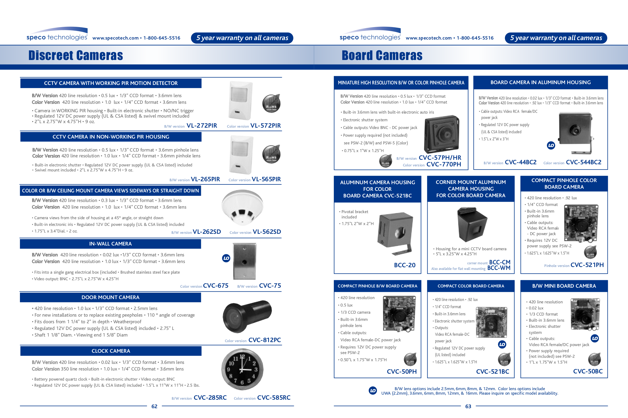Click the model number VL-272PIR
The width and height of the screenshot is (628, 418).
tap(202, 126)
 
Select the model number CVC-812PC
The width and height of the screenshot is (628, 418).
tap(264, 340)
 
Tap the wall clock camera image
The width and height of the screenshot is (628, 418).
tap(242, 369)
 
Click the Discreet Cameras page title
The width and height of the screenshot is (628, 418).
tap(75, 55)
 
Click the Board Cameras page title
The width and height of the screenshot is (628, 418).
tap(382, 55)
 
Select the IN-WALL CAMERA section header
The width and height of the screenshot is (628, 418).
tap(111, 244)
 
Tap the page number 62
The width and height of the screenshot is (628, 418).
tap(154, 406)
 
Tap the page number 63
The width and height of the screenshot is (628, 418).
tap(468, 406)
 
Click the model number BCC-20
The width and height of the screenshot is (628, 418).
tap(404, 265)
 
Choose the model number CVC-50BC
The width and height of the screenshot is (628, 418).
tap(588, 371)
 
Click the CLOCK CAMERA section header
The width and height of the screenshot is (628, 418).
tap(111, 351)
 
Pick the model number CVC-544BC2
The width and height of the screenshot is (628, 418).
tap(583, 162)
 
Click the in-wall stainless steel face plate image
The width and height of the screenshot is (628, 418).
tap(245, 261)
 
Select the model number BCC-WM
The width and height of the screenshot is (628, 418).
tap(499, 268)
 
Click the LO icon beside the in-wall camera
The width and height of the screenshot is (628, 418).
tap(226, 258)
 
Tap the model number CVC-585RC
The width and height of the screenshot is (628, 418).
tap(273, 398)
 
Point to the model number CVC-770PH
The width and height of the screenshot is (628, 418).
tap(444, 164)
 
